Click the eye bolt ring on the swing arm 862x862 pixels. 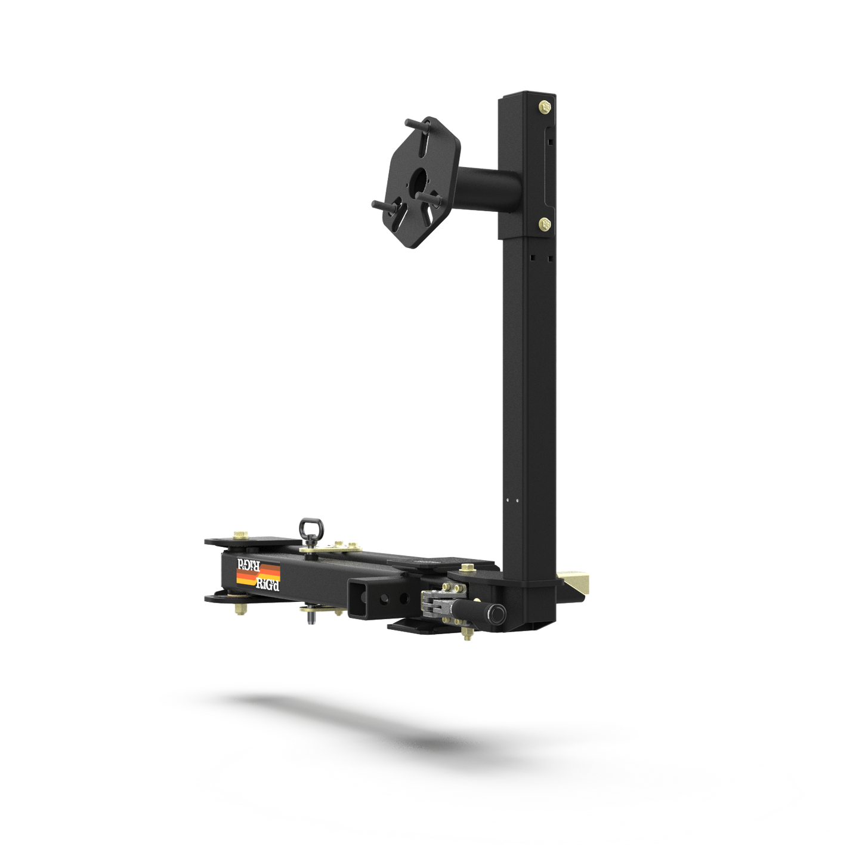(310, 527)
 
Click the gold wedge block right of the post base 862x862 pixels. (576, 583)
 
